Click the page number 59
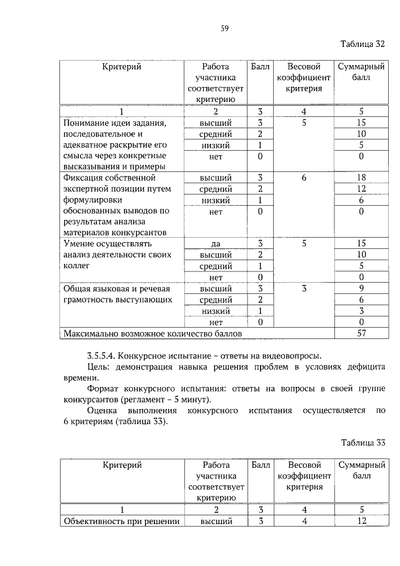click(x=224, y=28)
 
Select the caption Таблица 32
click(x=362, y=44)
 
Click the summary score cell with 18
click(x=361, y=178)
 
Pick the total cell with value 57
click(x=361, y=333)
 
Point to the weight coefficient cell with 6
click(x=304, y=178)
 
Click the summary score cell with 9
click(x=361, y=289)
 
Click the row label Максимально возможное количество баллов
click(x=152, y=334)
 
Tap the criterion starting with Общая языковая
click(x=117, y=289)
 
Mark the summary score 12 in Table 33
click(x=361, y=522)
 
